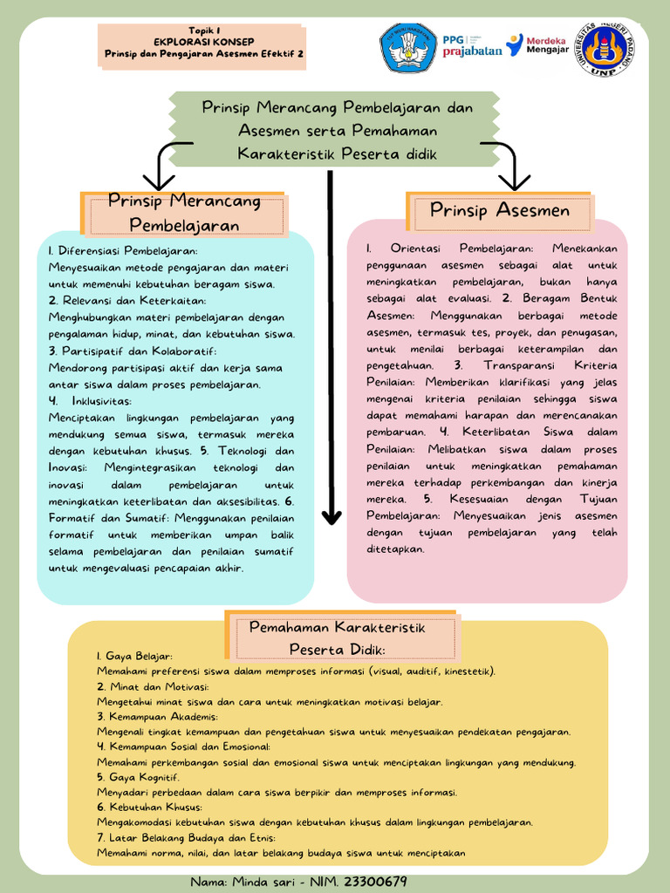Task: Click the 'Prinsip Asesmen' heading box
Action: tap(499, 210)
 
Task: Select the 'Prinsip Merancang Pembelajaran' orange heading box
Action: tap(184, 214)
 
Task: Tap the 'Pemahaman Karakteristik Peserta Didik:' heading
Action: tap(337, 638)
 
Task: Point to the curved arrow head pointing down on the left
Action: tap(158, 184)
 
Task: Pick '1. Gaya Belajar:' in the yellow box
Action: tap(134, 656)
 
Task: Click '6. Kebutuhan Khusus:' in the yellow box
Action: tap(149, 808)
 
